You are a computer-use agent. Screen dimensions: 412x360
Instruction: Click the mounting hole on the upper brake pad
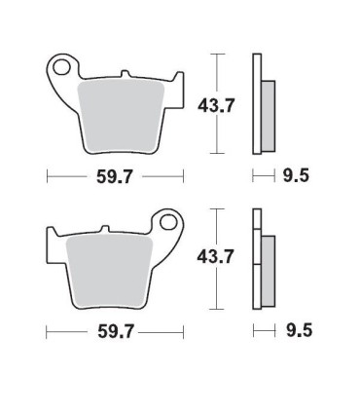[65, 69]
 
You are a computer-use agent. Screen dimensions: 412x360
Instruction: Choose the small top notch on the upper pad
[124, 73]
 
